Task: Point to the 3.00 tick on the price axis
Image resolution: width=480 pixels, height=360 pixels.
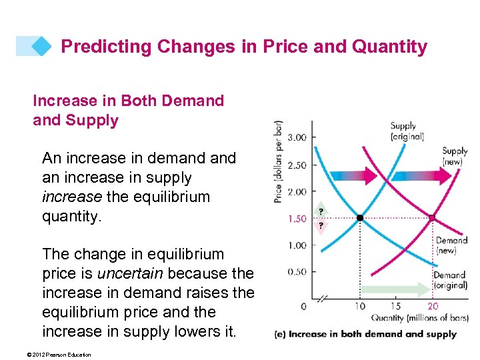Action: tap(297, 138)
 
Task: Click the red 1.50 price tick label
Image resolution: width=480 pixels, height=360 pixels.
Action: tap(297, 219)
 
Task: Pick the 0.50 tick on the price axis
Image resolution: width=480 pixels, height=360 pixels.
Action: tap(297, 272)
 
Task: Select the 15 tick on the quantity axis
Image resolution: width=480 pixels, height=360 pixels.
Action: tap(396, 306)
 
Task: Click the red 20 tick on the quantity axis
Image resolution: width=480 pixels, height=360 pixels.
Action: tap(432, 306)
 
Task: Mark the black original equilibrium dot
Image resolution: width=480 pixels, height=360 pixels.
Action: tap(360, 218)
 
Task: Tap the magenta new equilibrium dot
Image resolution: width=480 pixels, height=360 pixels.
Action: tap(432, 218)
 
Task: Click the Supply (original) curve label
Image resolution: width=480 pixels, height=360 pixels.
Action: tap(407, 131)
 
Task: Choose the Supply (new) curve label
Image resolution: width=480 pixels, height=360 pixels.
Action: tap(455, 156)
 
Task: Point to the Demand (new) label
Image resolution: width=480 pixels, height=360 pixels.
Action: tap(451, 245)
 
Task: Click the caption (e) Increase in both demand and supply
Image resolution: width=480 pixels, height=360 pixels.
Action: tap(365, 334)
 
